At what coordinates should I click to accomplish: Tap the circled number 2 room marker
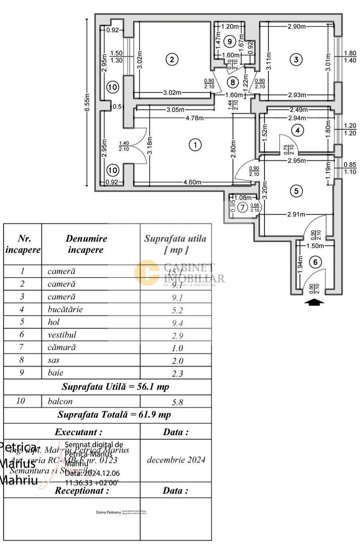point(172,59)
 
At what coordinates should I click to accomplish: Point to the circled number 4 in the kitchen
point(298,130)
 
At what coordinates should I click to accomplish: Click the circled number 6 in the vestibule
point(315,262)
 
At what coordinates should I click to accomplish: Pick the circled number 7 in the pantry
point(242,206)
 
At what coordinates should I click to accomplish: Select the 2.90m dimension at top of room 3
point(296,26)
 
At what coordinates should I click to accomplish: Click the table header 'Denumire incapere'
point(86,244)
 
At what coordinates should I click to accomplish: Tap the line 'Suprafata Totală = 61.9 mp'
point(114,415)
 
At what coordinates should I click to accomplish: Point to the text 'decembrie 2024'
point(176,460)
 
